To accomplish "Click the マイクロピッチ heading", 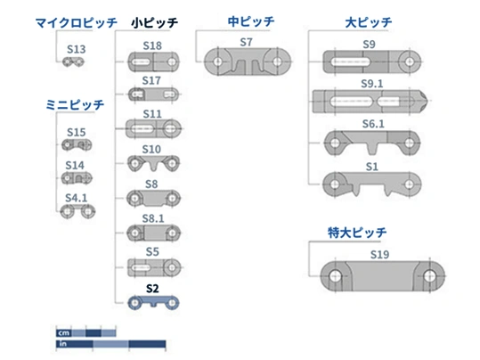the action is pyautogui.click(x=77, y=23).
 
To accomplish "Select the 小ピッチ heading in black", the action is pyautogui.click(x=155, y=23).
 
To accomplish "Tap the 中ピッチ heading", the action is pyautogui.click(x=251, y=21).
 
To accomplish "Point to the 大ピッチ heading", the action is pyautogui.click(x=369, y=22).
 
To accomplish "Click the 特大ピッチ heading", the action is pyautogui.click(x=357, y=233).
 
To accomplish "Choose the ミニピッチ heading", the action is pyautogui.click(x=75, y=105).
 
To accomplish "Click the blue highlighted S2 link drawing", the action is pyautogui.click(x=153, y=302).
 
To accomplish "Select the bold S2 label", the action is pyautogui.click(x=152, y=289).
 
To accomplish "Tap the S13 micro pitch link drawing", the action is pyautogui.click(x=73, y=61).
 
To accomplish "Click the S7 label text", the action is pyautogui.click(x=246, y=42).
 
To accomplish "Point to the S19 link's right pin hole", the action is pyautogui.click(x=429, y=275).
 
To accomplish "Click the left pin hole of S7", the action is pyautogui.click(x=218, y=61).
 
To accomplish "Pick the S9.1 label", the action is pyautogui.click(x=372, y=84).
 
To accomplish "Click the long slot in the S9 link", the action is pyautogui.click(x=350, y=61).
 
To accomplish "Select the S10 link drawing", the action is pyautogui.click(x=153, y=163).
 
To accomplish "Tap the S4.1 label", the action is pyautogui.click(x=77, y=198).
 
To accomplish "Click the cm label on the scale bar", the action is pyautogui.click(x=64, y=333).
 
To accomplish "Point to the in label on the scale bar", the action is pyautogui.click(x=62, y=344).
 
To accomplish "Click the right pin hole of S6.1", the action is pyautogui.click(x=410, y=143).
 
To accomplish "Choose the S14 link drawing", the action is pyautogui.click(x=77, y=178).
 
